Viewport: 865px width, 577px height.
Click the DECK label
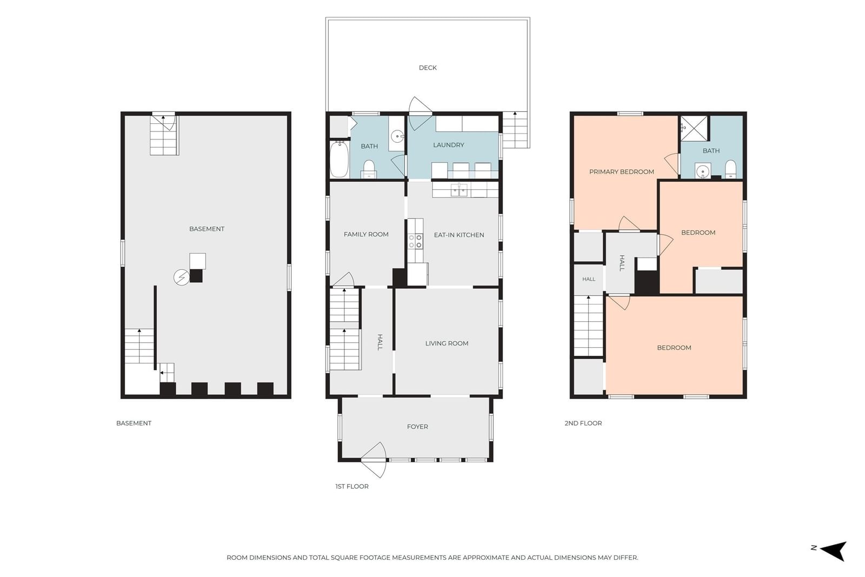coord(428,68)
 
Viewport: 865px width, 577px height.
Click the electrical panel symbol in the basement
coord(182,277)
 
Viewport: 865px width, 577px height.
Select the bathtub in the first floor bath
coord(339,159)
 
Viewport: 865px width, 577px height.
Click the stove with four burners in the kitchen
coord(416,241)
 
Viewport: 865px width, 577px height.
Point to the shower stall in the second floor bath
coord(694,129)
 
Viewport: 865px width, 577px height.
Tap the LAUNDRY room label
coord(448,145)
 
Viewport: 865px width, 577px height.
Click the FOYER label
coord(417,426)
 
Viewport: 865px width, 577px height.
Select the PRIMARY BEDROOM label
coord(621,171)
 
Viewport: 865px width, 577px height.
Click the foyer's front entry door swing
coord(374,460)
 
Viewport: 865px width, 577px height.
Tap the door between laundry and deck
coord(420,113)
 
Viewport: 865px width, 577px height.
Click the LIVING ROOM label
coord(447,343)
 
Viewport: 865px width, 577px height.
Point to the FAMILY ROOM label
coord(366,234)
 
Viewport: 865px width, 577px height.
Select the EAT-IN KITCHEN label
coord(459,235)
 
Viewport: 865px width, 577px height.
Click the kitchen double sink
coord(459,190)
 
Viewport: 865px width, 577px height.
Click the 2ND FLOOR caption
coord(583,423)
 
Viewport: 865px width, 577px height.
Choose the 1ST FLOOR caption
coord(352,486)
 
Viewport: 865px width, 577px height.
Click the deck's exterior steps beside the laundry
coord(515,130)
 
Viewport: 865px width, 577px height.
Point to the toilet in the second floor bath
coord(730,170)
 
